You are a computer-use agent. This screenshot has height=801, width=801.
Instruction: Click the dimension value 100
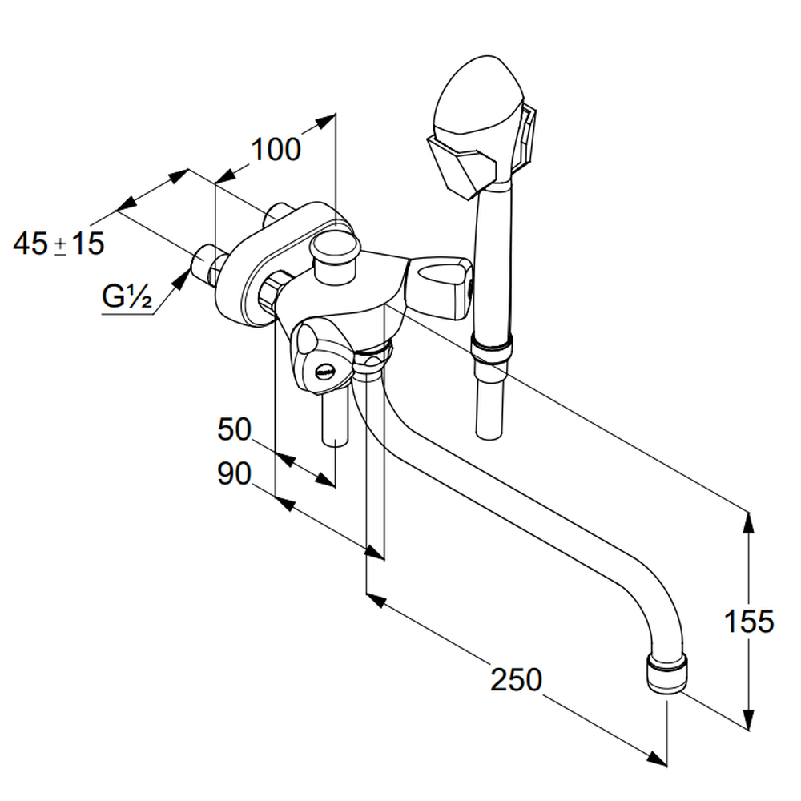[x=276, y=149]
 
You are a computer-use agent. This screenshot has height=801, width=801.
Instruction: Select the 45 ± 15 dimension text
[x=58, y=244]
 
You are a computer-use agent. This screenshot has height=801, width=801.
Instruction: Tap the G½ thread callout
[x=127, y=297]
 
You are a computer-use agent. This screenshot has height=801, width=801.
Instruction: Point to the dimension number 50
[x=234, y=429]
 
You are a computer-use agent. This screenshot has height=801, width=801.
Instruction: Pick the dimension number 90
[x=234, y=474]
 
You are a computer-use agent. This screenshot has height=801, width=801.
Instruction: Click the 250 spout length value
[x=516, y=679]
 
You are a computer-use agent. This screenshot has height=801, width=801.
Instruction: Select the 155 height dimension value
[x=749, y=621]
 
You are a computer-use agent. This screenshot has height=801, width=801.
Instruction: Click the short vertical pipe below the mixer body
[x=334, y=418]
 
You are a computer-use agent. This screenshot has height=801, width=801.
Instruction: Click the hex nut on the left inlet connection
[x=273, y=288]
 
